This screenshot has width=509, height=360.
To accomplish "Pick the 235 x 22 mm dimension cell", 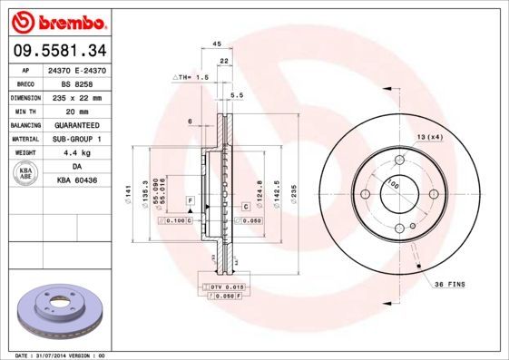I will [76, 95].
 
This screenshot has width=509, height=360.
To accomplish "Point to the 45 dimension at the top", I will [217, 44].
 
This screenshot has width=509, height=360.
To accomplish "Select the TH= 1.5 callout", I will [191, 79].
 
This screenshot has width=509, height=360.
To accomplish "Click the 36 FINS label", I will [451, 283].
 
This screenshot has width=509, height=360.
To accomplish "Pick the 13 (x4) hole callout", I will [429, 136].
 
